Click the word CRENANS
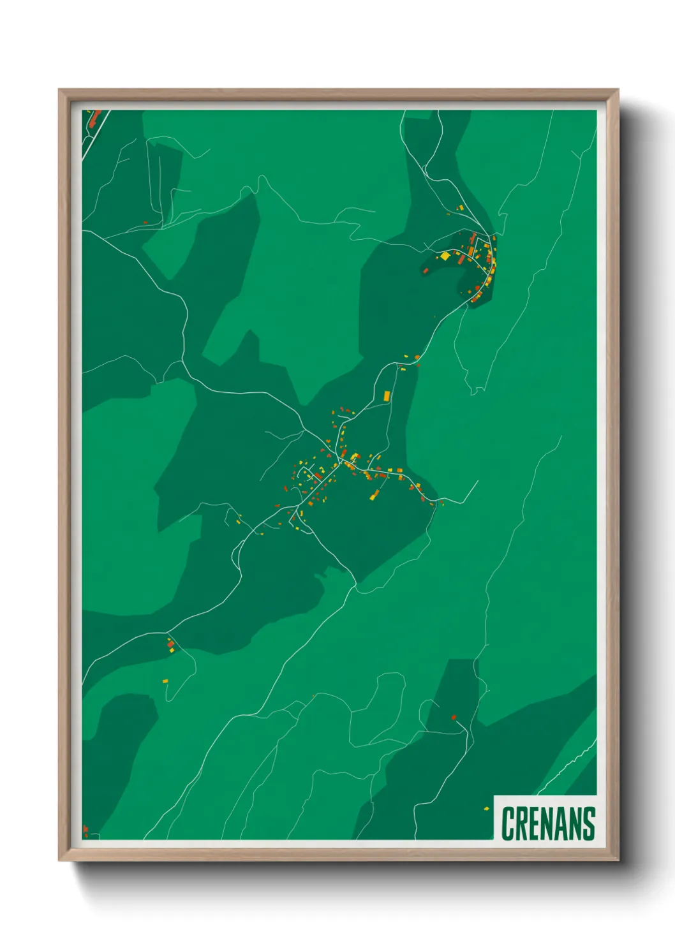click(548, 823)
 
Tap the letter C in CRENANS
click(508, 823)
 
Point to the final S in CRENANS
click(589, 823)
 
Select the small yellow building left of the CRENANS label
click(486, 808)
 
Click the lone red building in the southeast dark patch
click(454, 717)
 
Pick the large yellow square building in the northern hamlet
click(445, 256)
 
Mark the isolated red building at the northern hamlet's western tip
click(425, 270)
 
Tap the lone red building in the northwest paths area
click(145, 222)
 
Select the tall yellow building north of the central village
click(386, 395)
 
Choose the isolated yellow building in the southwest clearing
click(165, 681)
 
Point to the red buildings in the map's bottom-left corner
click(85, 830)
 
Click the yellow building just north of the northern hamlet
click(459, 207)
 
